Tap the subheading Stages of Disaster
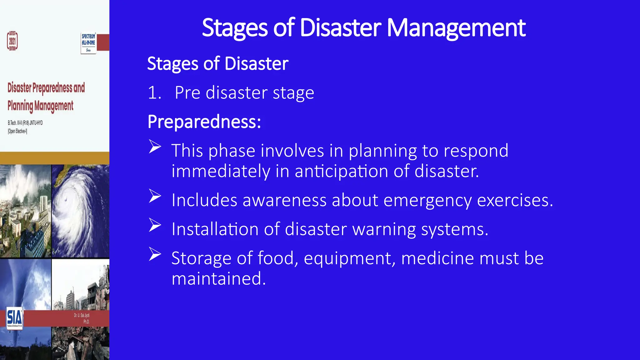pyautogui.click(x=217, y=64)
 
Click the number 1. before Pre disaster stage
pyautogui.click(x=154, y=93)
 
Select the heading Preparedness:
pyautogui.click(x=204, y=122)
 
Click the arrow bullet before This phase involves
pyautogui.click(x=155, y=147)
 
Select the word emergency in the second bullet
pyautogui.click(x=427, y=200)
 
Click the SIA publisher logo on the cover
pyautogui.click(x=14, y=318)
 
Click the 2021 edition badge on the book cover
pyautogui.click(x=12, y=41)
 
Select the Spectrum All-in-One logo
pyautogui.click(x=88, y=43)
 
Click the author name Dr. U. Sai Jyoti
pyautogui.click(x=82, y=315)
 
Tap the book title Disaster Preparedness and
pyautogui.click(x=46, y=88)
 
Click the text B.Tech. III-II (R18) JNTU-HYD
pyautogui.click(x=25, y=123)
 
